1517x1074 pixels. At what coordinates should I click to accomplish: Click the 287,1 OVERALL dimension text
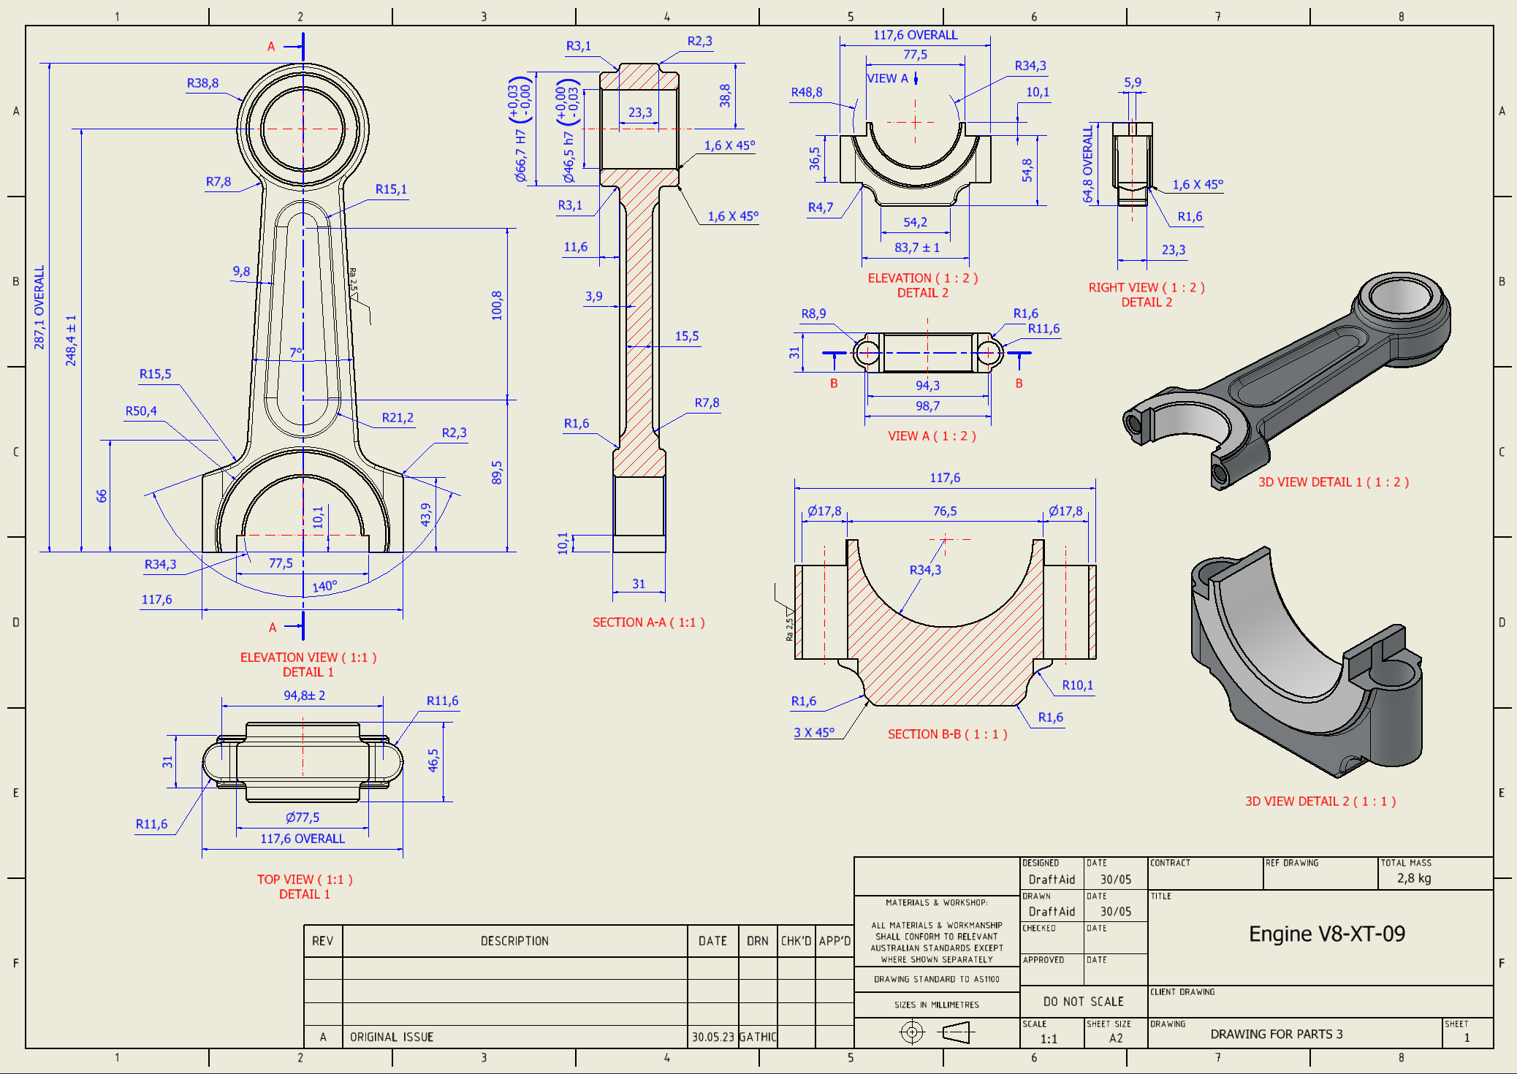pyautogui.click(x=39, y=307)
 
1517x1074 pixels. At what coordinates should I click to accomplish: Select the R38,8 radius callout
pyautogui.click(x=202, y=83)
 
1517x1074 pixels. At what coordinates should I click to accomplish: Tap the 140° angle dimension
pyautogui.click(x=324, y=587)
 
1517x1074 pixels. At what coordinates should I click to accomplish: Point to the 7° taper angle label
pyautogui.click(x=295, y=353)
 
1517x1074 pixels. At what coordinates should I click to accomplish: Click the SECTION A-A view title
pyautogui.click(x=648, y=622)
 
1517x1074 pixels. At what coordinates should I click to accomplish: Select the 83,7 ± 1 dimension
pyautogui.click(x=917, y=248)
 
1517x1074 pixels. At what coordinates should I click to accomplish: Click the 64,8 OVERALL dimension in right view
pyautogui.click(x=1088, y=164)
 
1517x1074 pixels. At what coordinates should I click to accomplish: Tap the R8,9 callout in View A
pyautogui.click(x=813, y=313)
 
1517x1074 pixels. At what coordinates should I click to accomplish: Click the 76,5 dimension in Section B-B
pyautogui.click(x=945, y=511)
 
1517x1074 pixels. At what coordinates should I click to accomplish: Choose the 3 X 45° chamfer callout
pyautogui.click(x=814, y=732)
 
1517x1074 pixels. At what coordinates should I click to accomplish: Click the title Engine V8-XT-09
pyautogui.click(x=1326, y=934)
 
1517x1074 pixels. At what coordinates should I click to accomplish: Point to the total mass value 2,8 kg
pyautogui.click(x=1414, y=878)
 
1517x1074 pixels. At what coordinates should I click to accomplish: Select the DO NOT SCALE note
pyautogui.click(x=1083, y=1002)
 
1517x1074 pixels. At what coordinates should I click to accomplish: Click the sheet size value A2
pyautogui.click(x=1116, y=1038)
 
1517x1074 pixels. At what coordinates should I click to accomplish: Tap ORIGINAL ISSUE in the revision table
pyautogui.click(x=392, y=1037)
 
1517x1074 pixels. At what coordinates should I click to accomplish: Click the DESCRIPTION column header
pyautogui.click(x=514, y=941)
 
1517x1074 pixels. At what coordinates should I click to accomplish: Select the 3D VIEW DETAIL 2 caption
pyautogui.click(x=1320, y=801)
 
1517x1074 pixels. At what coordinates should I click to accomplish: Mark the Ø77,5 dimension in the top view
pyautogui.click(x=303, y=818)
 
